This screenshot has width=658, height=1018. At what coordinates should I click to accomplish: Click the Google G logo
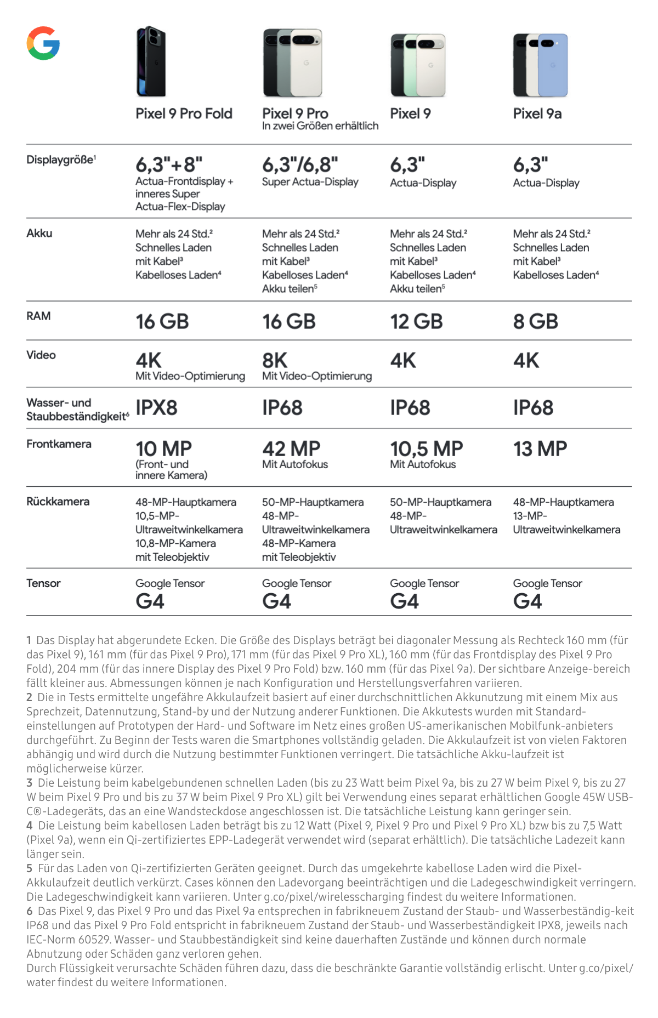[43, 43]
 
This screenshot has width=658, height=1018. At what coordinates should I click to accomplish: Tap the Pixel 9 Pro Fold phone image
[151, 61]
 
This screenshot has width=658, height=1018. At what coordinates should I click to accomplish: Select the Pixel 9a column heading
[537, 113]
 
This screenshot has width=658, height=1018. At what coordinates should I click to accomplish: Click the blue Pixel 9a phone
[553, 65]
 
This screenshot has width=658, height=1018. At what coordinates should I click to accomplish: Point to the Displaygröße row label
[61, 160]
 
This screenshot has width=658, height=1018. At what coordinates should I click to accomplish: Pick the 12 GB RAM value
[416, 321]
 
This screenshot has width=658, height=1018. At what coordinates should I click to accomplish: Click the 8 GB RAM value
[535, 321]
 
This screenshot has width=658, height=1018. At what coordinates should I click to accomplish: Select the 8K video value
[275, 361]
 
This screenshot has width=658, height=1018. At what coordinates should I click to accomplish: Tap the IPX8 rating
[156, 408]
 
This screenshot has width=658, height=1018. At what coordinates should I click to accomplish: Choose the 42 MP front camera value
[291, 449]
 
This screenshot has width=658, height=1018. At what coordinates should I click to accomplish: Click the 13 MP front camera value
[540, 449]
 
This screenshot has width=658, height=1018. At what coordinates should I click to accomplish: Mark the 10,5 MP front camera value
[426, 449]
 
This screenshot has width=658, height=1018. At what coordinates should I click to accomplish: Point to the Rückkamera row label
[58, 502]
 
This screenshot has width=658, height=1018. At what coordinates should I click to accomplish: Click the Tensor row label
[43, 583]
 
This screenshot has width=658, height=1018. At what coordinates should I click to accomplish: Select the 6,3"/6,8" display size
[300, 164]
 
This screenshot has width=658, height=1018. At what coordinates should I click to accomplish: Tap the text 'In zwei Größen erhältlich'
[320, 126]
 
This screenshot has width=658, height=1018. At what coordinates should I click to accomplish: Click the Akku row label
[39, 234]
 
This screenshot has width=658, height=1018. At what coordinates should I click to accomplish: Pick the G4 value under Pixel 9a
[527, 601]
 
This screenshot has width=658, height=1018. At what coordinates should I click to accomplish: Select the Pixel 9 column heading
[410, 113]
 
